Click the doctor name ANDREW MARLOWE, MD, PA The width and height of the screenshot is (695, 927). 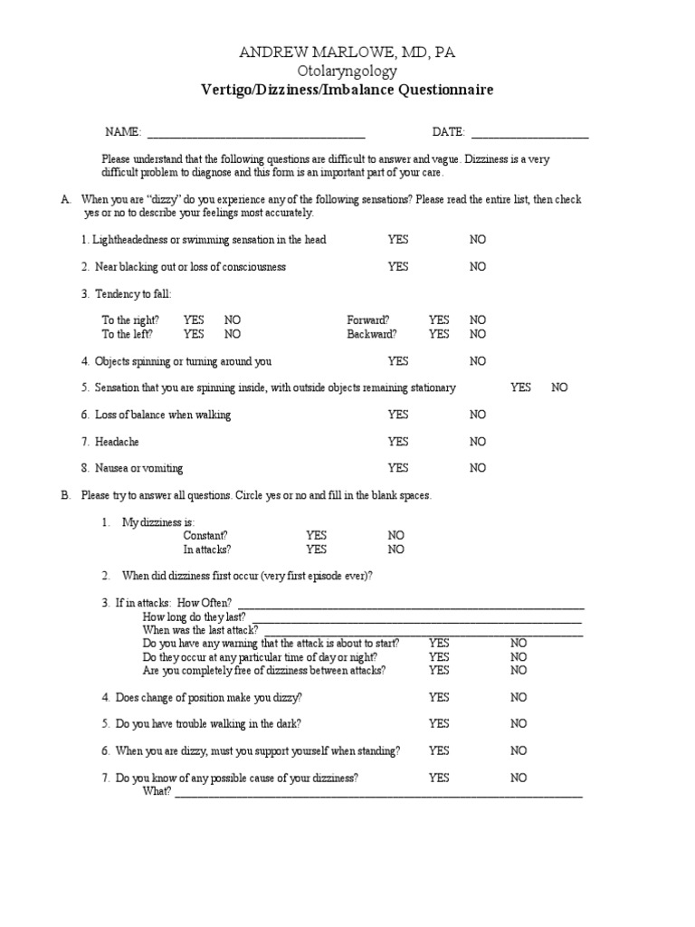[x=347, y=53]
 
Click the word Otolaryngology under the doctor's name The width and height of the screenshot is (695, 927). [x=347, y=72]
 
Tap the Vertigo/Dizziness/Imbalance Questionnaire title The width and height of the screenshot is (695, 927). [x=347, y=90]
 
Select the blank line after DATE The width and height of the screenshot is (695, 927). [x=529, y=133]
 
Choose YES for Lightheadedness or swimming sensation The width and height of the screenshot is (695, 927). [x=398, y=240]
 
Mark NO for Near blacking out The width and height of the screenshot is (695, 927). [x=477, y=267]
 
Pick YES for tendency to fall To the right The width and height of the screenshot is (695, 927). [x=194, y=320]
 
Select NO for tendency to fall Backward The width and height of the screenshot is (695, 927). [x=477, y=334]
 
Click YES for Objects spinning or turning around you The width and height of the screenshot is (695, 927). [x=398, y=361]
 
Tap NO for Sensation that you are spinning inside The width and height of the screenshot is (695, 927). [x=559, y=387]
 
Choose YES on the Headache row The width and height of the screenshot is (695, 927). [x=398, y=442]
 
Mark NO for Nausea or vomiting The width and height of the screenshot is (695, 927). [x=477, y=468]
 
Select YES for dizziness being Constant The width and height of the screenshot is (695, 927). [x=316, y=536]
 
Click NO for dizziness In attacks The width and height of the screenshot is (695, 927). [x=396, y=550]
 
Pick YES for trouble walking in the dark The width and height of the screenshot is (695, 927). [x=439, y=724]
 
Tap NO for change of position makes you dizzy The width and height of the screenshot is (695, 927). [x=519, y=698]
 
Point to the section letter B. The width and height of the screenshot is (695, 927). [x=65, y=496]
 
